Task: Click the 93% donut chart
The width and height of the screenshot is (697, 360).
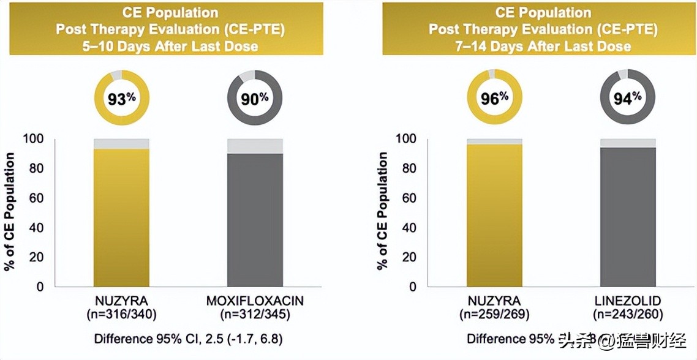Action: pyautogui.click(x=121, y=98)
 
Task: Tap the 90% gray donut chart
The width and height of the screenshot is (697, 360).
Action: pyautogui.click(x=254, y=98)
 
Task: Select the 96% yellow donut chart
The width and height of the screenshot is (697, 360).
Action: pyautogui.click(x=494, y=98)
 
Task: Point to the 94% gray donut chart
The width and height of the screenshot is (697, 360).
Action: pyautogui.click(x=628, y=97)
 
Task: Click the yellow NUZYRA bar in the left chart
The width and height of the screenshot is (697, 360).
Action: pyautogui.click(x=121, y=217)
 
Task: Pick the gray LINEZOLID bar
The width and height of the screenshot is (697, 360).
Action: pyautogui.click(x=628, y=217)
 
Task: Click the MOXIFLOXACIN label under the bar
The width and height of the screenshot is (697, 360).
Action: pyautogui.click(x=255, y=302)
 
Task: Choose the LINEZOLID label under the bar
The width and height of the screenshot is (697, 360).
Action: pyautogui.click(x=628, y=302)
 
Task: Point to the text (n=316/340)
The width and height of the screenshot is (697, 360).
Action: pyautogui.click(x=121, y=315)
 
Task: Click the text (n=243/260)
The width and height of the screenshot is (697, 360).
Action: pyautogui.click(x=628, y=315)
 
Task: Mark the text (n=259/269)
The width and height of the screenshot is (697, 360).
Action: pyautogui.click(x=494, y=315)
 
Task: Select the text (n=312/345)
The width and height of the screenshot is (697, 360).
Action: pyautogui.click(x=255, y=315)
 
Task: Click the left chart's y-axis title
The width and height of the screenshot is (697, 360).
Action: pyautogui.click(x=10, y=211)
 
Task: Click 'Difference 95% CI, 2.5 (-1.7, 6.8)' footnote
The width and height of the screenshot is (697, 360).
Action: pyautogui.click(x=189, y=339)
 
